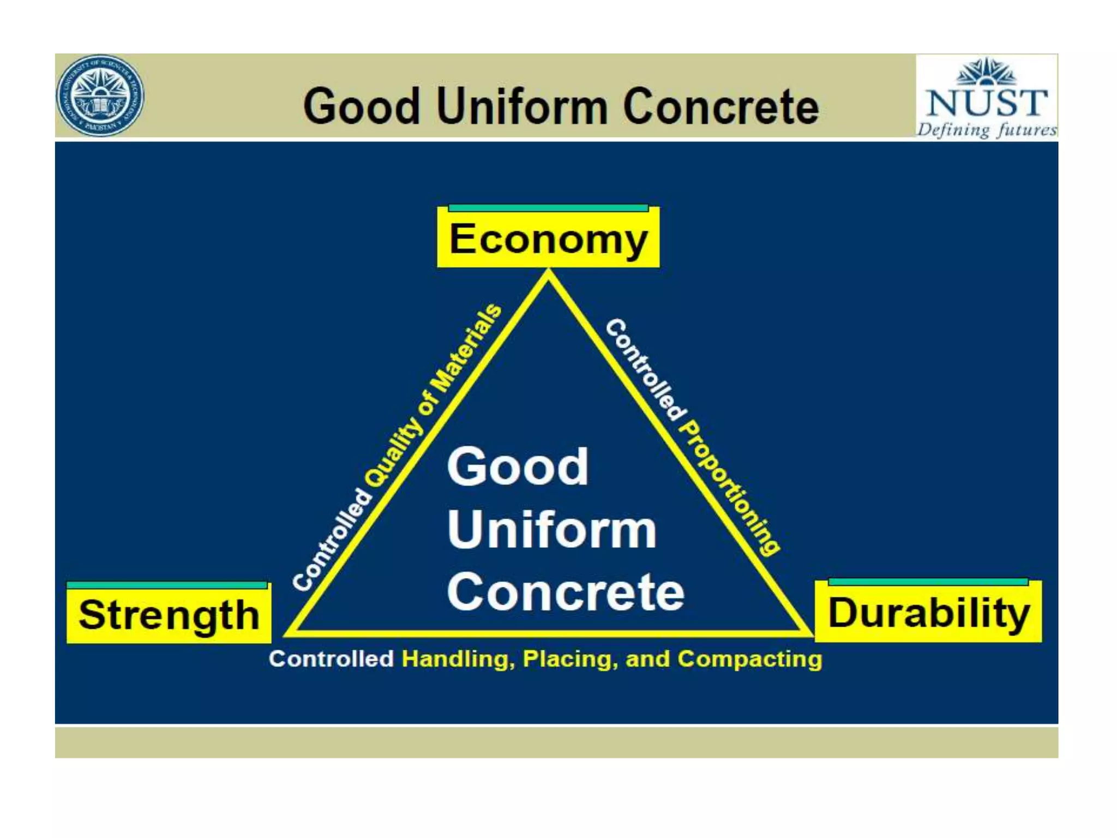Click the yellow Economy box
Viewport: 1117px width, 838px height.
tap(548, 239)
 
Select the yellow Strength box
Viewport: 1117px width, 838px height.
tap(169, 614)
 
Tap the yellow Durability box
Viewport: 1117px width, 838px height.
tap(928, 613)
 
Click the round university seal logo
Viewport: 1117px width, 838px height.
tap(100, 95)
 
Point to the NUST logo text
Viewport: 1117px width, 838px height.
tap(987, 102)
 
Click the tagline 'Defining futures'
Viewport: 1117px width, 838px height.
tap(987, 130)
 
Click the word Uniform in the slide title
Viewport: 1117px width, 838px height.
tap(522, 106)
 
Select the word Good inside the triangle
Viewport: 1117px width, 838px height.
tap(518, 466)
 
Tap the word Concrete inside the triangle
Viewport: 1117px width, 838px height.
tap(566, 592)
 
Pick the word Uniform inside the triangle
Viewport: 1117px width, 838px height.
tap(551, 530)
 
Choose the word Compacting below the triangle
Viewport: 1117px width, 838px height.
tap(749, 659)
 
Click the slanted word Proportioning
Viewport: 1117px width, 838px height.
tap(730, 488)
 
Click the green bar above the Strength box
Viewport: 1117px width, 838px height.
tap(167, 585)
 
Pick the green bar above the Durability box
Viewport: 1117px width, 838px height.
tap(928, 582)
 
